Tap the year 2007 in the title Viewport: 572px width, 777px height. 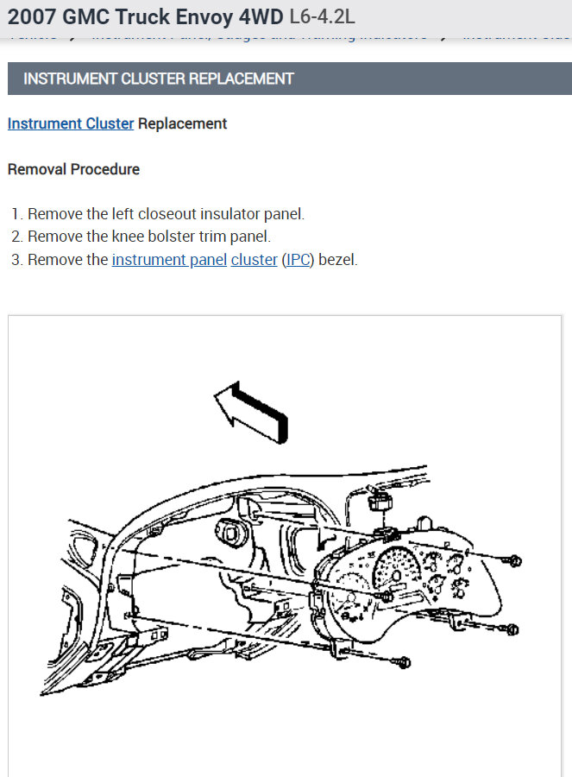[33, 16]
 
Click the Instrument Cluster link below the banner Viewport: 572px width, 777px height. [71, 123]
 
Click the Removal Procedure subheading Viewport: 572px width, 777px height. [73, 169]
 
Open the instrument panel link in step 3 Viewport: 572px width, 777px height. [169, 260]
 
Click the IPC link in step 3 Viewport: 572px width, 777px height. [299, 260]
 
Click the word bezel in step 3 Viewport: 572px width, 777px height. [337, 260]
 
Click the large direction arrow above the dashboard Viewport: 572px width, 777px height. [250, 413]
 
